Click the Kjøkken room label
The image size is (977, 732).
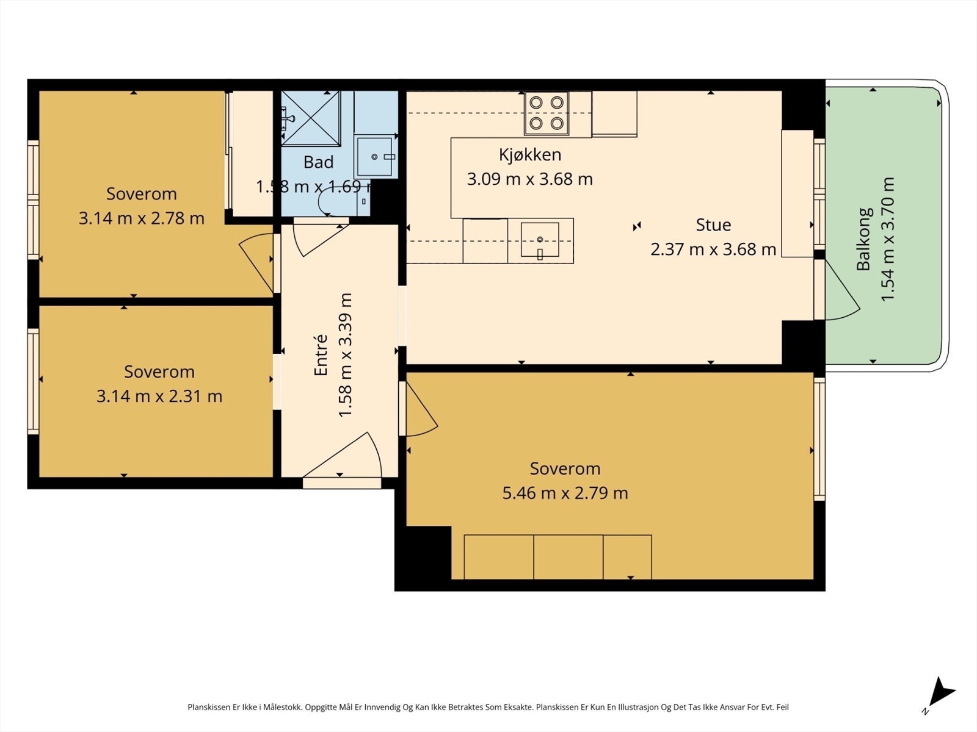529,155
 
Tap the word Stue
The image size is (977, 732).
713,225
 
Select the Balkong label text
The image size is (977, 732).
863,239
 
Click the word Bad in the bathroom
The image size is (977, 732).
318,162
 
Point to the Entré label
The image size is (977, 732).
321,355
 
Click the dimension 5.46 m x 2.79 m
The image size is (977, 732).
565,493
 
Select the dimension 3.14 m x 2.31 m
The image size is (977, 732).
159,396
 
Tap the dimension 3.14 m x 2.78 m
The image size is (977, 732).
142,218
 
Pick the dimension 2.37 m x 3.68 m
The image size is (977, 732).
713,249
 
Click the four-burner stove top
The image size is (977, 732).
547,113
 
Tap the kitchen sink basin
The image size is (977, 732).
540,240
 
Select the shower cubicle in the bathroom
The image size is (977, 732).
311,118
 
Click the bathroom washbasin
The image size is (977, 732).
375,156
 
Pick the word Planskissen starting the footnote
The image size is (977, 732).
209,707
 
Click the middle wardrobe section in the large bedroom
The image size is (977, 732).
568,557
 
